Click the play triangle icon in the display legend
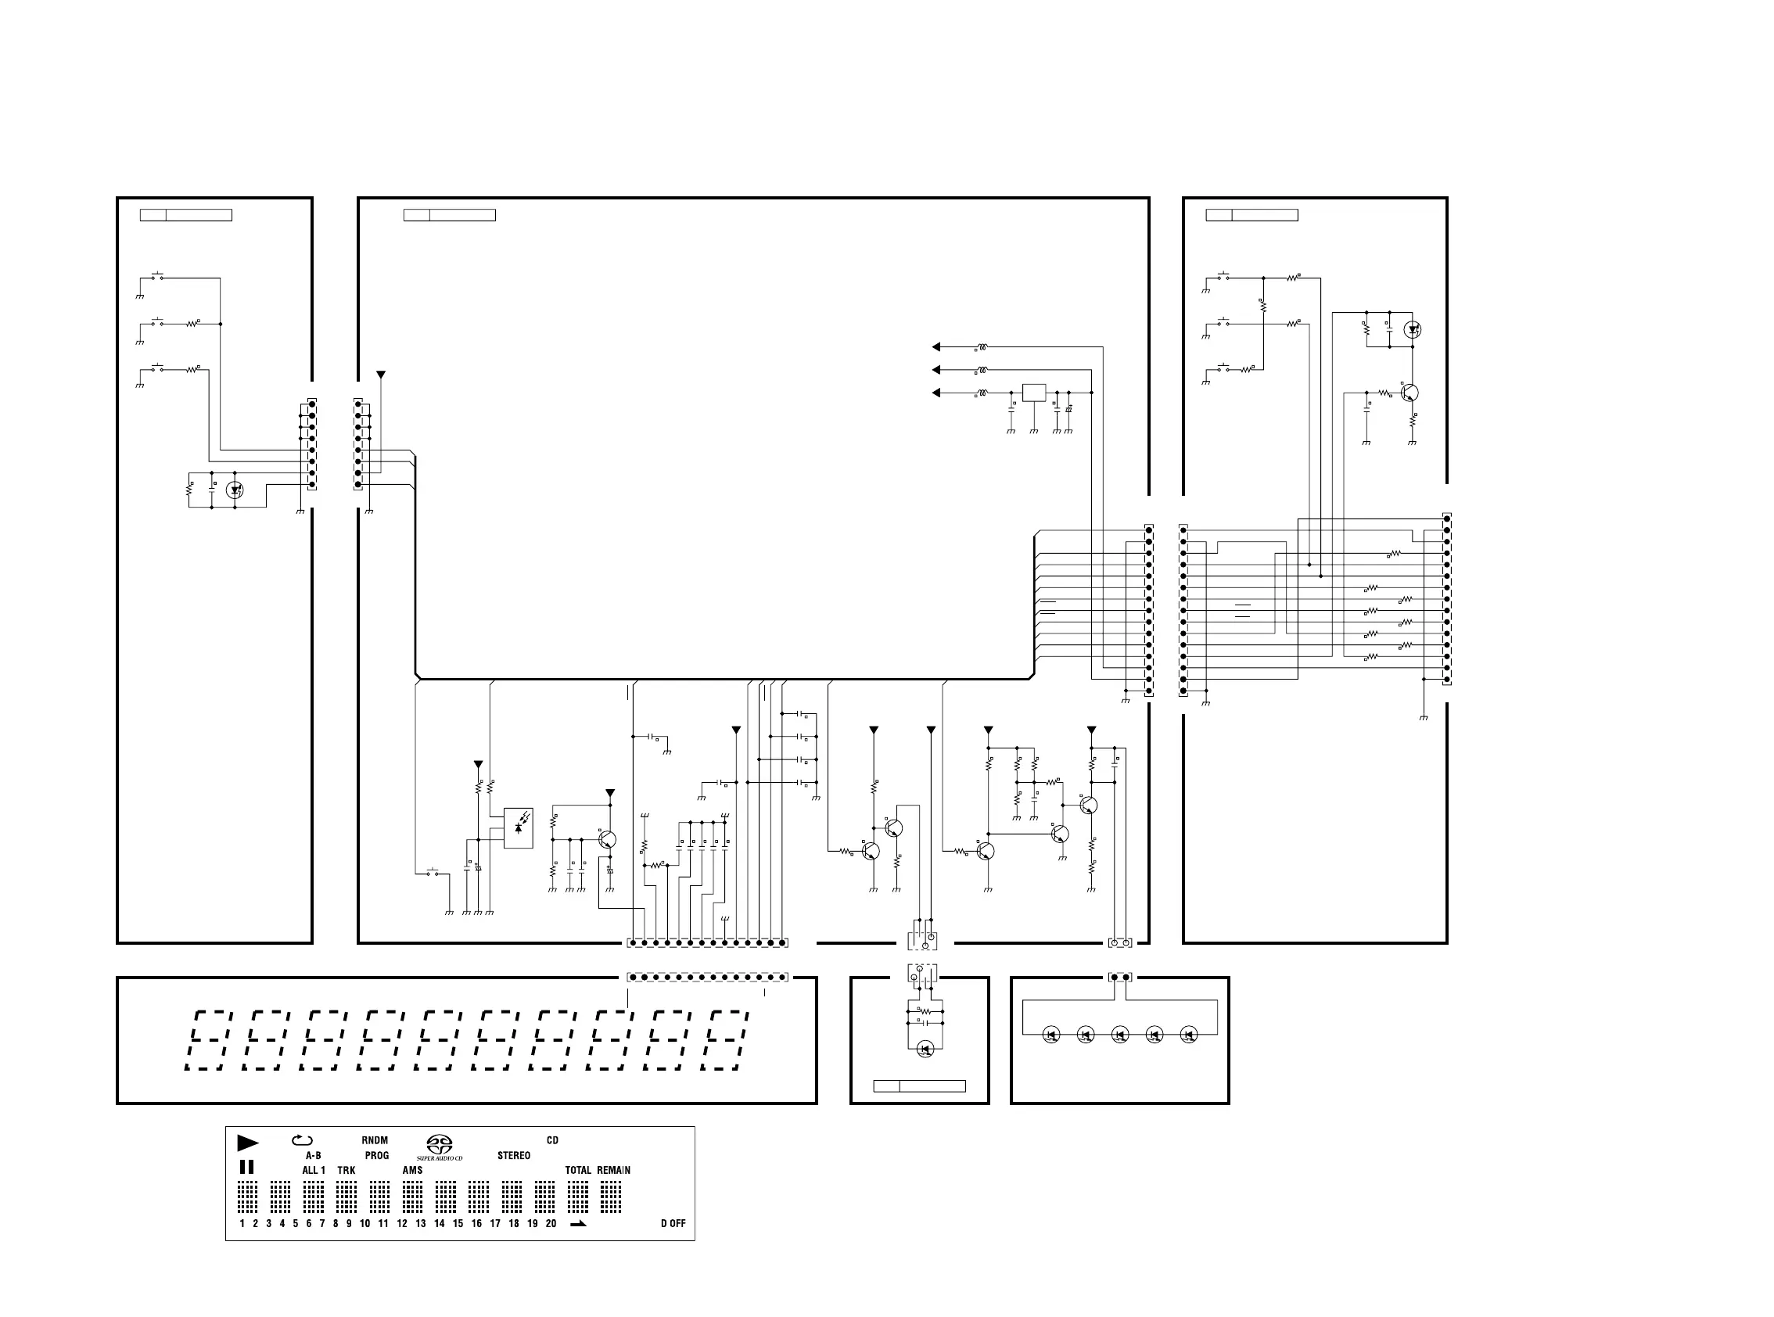pos(248,1143)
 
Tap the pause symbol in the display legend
pos(247,1167)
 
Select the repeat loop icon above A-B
pos(302,1140)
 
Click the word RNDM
pos(375,1140)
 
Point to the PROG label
pos(377,1155)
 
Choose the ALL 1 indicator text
pos(314,1170)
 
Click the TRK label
pos(346,1170)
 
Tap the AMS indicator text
pos(412,1170)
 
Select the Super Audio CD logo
pos(440,1147)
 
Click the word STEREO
pos(513,1155)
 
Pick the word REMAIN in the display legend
pos(613,1170)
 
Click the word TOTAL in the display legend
pos(578,1170)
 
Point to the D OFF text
pos(673,1223)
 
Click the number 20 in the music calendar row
pos(551,1223)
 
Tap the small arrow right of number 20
pos(578,1223)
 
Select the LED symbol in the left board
pos(235,490)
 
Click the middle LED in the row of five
pos(1119,1035)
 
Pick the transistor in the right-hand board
pos(1410,393)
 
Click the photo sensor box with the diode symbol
pos(519,827)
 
